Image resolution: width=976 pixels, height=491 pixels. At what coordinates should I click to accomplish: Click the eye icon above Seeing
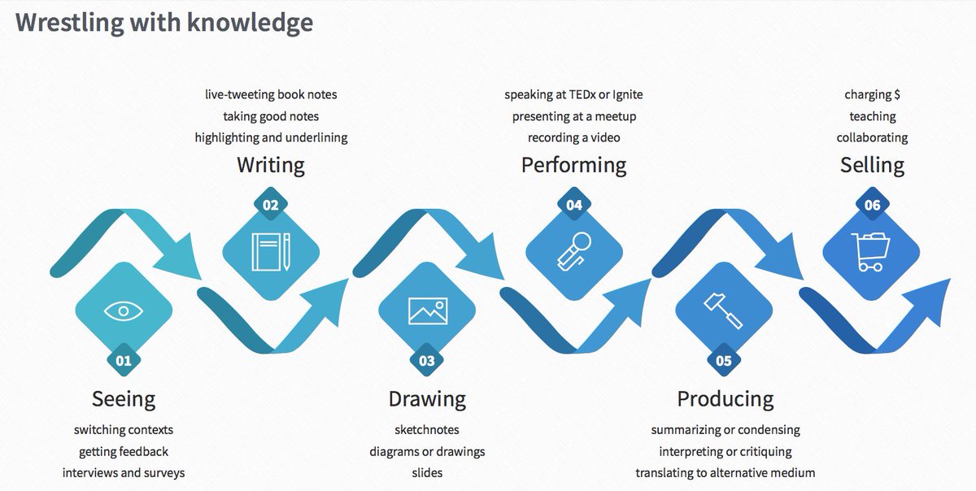(x=123, y=310)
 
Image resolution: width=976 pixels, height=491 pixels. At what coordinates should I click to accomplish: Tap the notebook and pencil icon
(x=271, y=252)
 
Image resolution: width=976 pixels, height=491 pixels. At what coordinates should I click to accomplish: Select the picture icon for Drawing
(x=427, y=311)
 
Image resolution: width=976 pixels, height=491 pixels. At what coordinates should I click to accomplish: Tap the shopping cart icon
(x=870, y=251)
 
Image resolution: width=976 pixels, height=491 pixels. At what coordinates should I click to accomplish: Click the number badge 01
(x=124, y=360)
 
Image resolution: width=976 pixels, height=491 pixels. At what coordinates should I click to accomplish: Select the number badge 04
(x=574, y=205)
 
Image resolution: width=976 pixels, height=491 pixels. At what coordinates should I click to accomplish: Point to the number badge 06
(x=872, y=205)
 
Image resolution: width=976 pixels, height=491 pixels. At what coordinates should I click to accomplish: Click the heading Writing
(x=271, y=165)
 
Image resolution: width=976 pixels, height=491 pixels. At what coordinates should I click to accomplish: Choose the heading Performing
(x=573, y=165)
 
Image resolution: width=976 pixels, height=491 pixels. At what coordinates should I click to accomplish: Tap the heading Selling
(x=872, y=165)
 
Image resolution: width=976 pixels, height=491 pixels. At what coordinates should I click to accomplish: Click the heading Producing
(x=725, y=398)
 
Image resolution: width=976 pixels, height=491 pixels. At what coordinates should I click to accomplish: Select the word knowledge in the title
(x=250, y=22)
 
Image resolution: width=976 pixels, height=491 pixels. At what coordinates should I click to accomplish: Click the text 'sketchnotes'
(x=427, y=429)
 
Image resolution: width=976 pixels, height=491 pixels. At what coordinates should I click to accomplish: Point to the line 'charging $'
(x=872, y=94)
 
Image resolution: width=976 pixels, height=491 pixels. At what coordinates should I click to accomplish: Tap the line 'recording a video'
(x=573, y=137)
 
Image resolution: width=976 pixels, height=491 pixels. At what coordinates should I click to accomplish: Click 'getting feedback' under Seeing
(x=124, y=450)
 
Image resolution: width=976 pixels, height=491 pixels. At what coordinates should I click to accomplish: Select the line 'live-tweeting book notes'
(x=271, y=94)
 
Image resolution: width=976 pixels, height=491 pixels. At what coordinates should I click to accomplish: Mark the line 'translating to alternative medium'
(x=725, y=472)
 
